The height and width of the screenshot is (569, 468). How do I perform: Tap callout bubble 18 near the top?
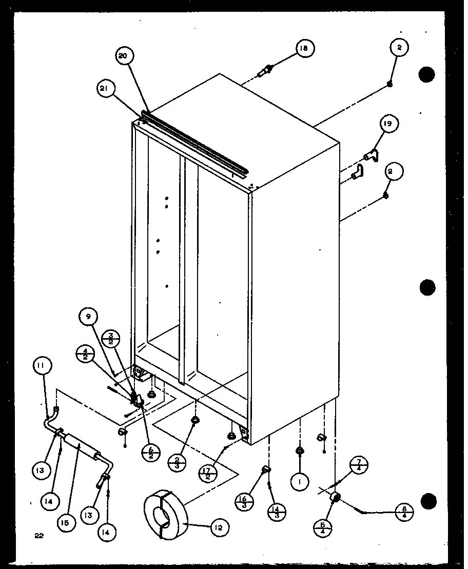[x=304, y=49]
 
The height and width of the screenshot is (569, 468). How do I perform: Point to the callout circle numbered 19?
[x=389, y=124]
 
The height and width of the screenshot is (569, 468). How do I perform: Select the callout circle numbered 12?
[x=219, y=527]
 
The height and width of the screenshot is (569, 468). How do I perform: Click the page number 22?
[x=40, y=536]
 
